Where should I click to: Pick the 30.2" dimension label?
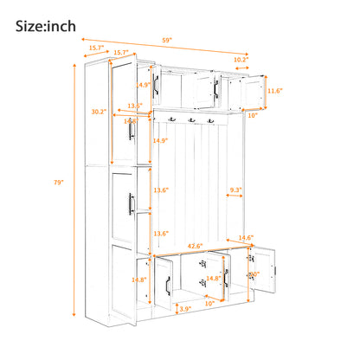coord(100,112)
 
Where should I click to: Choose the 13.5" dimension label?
coord(135,106)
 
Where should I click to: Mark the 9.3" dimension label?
coord(235,190)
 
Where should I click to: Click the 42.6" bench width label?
coord(196,246)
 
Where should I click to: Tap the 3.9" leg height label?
coord(184,308)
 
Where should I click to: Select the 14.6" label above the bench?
coord(246,238)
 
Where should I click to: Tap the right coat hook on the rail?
coord(209,120)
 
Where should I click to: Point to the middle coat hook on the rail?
coord(190,120)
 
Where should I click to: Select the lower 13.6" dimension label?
coord(161,234)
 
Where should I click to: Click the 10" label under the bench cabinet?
coord(209,304)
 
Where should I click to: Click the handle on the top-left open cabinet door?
coord(156,84)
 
